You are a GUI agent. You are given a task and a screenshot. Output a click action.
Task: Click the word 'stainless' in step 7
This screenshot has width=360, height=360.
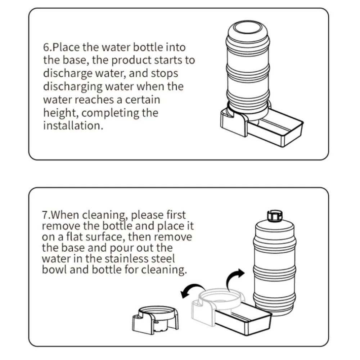click(x=127, y=258)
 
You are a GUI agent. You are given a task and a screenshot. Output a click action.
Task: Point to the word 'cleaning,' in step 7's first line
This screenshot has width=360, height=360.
click(x=105, y=216)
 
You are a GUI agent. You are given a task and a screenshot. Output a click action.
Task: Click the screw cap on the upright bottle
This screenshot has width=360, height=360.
click(x=274, y=216)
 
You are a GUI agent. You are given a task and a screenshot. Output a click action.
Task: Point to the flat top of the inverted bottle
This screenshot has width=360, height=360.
click(x=248, y=27)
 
